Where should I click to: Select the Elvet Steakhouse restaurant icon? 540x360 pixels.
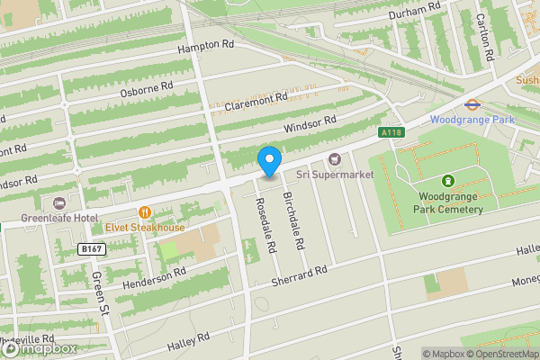click(x=143, y=212)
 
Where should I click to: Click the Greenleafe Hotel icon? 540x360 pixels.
click(x=60, y=202)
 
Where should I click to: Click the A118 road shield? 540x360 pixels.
click(x=391, y=133)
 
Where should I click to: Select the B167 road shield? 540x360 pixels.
click(x=91, y=248)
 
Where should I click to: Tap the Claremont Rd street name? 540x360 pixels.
click(x=256, y=102)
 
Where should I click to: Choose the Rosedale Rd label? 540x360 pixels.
click(x=266, y=225)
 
